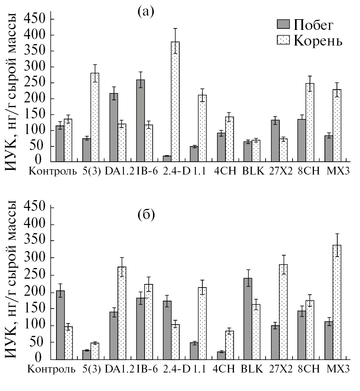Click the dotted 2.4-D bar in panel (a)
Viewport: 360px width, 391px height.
click(x=175, y=102)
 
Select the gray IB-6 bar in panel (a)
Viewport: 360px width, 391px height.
click(x=140, y=120)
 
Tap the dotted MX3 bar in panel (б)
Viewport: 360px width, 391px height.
click(x=337, y=302)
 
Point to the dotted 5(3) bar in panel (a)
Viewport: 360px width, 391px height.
click(x=95, y=117)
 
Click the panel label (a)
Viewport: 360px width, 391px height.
click(x=146, y=11)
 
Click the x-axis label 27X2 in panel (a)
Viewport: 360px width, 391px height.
click(x=281, y=171)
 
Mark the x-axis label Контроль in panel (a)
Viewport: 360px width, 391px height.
click(x=53, y=171)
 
